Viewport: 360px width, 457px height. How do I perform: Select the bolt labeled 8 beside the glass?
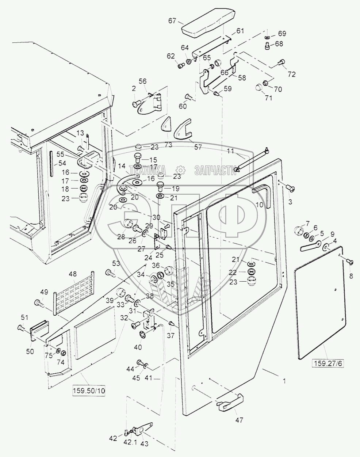coord(349,261)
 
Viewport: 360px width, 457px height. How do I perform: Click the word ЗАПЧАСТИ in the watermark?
coord(215,170)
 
